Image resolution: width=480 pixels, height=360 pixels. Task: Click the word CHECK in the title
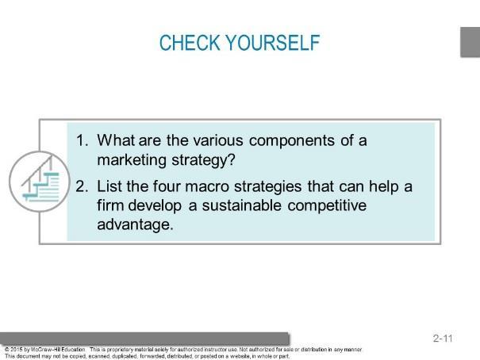[x=190, y=43]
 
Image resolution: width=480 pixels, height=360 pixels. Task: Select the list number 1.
[x=82, y=140]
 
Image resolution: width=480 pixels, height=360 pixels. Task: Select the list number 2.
[x=82, y=186]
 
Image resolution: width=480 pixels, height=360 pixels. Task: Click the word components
[x=292, y=141]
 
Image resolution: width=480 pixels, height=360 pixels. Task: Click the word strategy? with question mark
[x=203, y=160]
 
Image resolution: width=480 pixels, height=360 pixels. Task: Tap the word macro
[x=207, y=186]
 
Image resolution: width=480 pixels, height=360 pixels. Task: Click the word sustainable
[x=241, y=205]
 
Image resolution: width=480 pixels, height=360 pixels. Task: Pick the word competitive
[x=327, y=206]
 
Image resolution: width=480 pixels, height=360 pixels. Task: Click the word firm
[x=110, y=205]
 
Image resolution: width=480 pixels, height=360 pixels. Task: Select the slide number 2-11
[x=443, y=339]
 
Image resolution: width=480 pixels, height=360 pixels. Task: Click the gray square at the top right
[x=470, y=42]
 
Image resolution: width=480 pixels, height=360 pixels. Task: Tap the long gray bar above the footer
[x=144, y=339]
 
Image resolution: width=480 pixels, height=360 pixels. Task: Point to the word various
[x=218, y=140]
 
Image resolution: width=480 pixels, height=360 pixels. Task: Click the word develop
[x=155, y=206]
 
